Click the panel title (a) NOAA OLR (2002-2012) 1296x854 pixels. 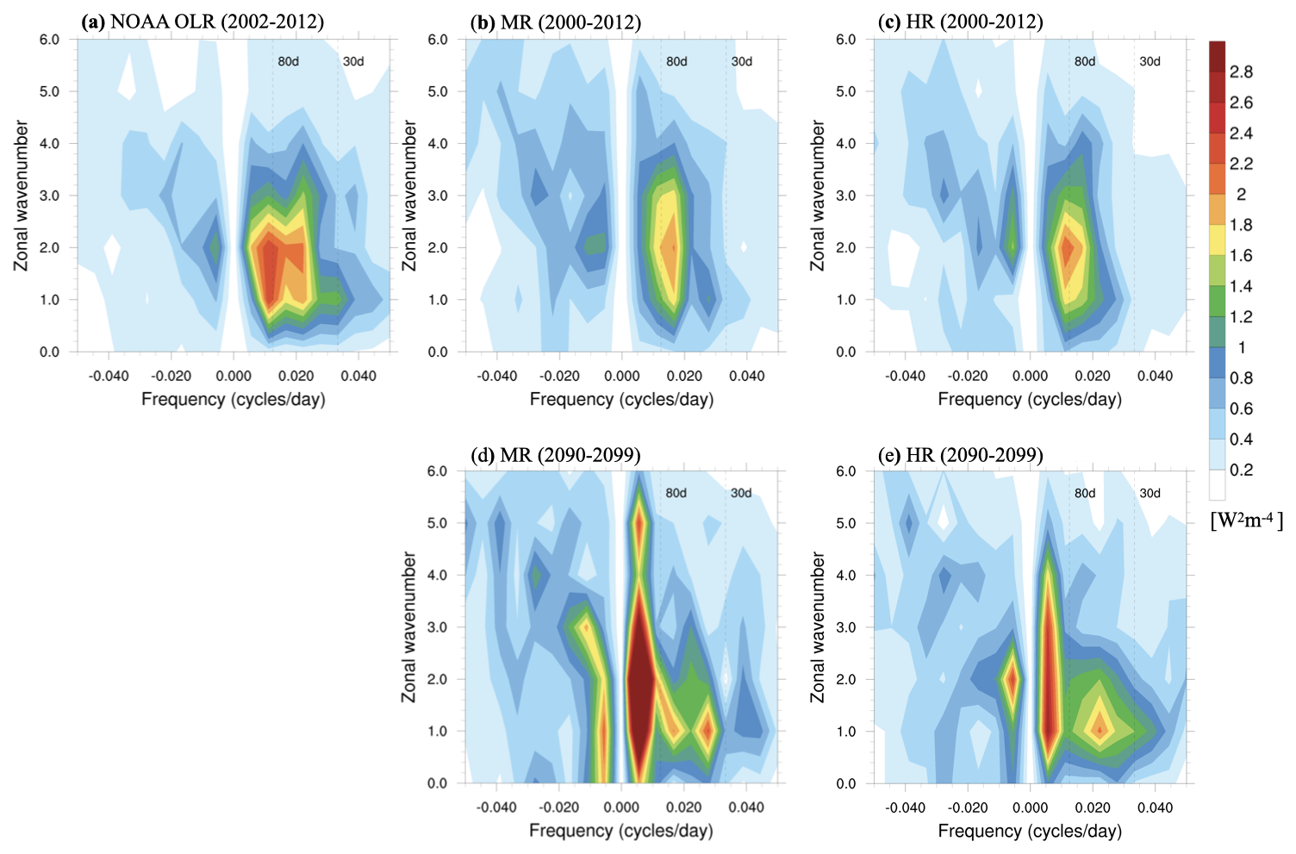[x=202, y=22]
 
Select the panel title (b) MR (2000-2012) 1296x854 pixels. [x=556, y=22]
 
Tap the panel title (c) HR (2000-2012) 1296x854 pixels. [x=960, y=22]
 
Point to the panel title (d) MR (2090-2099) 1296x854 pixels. [x=556, y=454]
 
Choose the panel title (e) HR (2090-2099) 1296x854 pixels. [x=960, y=454]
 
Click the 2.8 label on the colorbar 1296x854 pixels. [x=1241, y=72]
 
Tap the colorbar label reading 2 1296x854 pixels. [x=1241, y=195]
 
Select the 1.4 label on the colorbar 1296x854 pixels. [x=1241, y=286]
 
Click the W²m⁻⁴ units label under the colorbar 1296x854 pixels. [x=1246, y=521]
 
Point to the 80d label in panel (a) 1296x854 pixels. [x=288, y=62]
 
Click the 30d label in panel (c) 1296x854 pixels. [x=1150, y=62]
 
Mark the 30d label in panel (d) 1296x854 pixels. [x=741, y=494]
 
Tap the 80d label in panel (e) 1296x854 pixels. [x=1085, y=494]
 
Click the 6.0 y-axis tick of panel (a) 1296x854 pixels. [x=49, y=40]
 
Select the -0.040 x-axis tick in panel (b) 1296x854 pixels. [x=497, y=376]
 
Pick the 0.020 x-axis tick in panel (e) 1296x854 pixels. [x=1093, y=807]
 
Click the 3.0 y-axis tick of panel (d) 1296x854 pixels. [x=437, y=627]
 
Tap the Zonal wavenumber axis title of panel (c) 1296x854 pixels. [x=818, y=196]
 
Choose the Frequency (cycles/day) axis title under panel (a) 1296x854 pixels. [x=234, y=399]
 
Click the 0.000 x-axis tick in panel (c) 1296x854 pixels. [x=1030, y=376]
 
